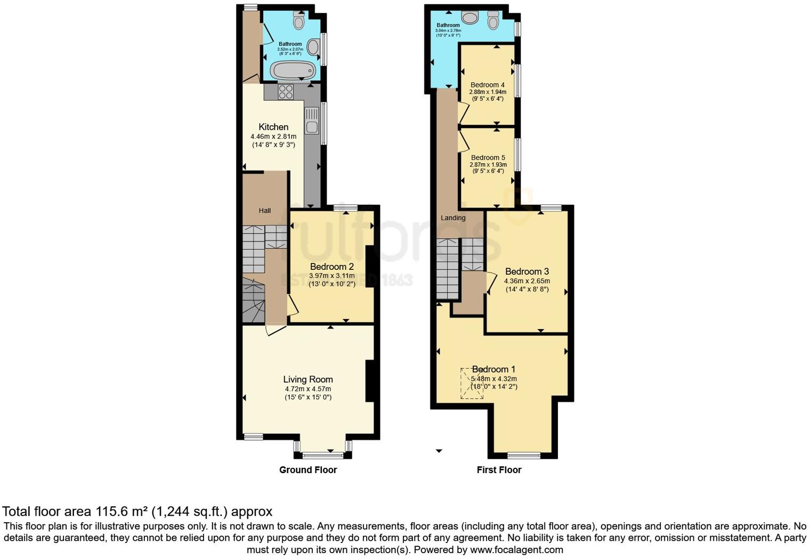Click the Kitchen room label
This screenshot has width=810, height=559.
(x=273, y=127)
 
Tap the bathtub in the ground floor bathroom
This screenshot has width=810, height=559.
(x=293, y=70)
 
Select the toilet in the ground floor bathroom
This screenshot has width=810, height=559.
(x=298, y=21)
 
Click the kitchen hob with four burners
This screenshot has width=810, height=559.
(x=286, y=92)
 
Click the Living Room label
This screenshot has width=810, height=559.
(x=308, y=379)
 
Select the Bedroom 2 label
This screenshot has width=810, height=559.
(x=331, y=266)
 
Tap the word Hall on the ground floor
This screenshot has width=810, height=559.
(x=265, y=211)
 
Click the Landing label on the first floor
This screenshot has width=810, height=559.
(x=453, y=218)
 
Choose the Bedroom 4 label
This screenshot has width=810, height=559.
(x=487, y=85)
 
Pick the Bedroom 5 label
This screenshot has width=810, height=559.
(x=488, y=157)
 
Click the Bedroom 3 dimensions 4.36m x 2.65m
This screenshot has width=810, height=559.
(x=527, y=281)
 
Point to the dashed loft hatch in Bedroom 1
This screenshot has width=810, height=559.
(x=472, y=383)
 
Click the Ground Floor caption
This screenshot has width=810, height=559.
(x=308, y=470)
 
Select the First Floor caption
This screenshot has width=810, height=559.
(x=499, y=470)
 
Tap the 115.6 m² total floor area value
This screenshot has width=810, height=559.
(x=122, y=512)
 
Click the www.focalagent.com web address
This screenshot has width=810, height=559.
(x=516, y=549)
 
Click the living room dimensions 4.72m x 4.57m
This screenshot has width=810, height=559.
(x=308, y=389)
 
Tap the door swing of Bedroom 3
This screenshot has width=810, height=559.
(x=491, y=283)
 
